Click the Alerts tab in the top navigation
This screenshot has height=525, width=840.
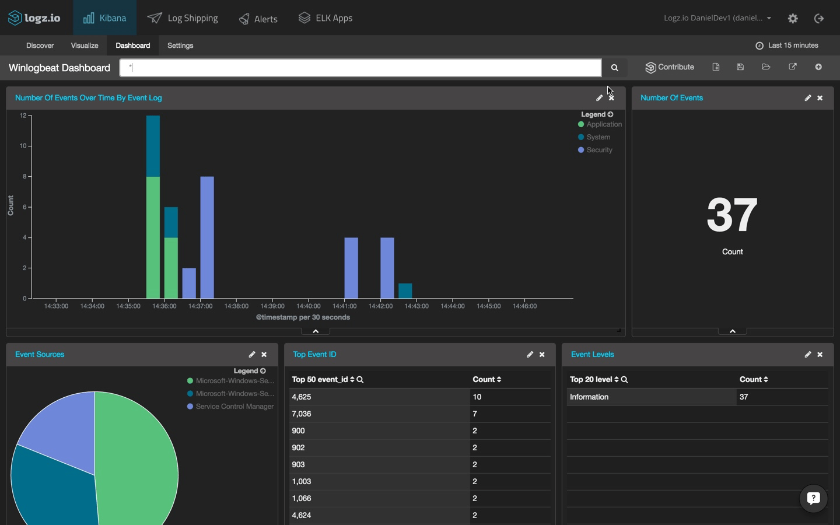[258, 19]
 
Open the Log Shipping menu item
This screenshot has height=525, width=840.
[183, 18]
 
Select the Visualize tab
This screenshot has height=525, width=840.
[85, 45]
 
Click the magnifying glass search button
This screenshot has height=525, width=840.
[614, 68]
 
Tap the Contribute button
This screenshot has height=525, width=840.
[670, 67]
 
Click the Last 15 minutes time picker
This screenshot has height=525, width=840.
[787, 45]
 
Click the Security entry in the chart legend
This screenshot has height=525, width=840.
[599, 150]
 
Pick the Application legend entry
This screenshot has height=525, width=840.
[604, 124]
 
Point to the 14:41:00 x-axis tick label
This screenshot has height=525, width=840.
[344, 306]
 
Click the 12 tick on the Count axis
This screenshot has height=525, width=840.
[23, 116]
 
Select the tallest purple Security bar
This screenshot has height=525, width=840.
[207, 237]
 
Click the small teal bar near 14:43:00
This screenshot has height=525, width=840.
[405, 290]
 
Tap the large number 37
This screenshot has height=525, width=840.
[732, 215]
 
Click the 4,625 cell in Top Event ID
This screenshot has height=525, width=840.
[302, 397]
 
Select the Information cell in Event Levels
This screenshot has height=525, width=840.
[589, 397]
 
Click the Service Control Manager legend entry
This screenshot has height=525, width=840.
[235, 407]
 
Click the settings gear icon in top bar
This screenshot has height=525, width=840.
[793, 18]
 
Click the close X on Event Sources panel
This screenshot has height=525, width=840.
[264, 355]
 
